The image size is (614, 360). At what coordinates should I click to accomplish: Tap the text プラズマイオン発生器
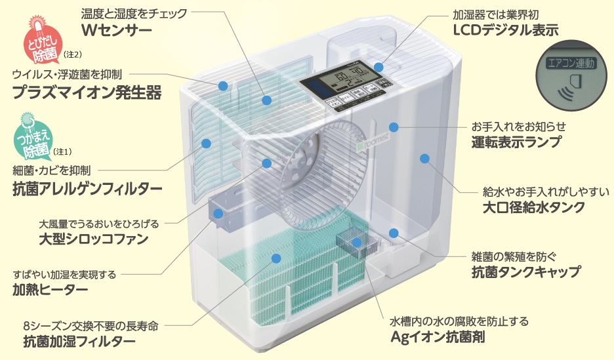[87, 92]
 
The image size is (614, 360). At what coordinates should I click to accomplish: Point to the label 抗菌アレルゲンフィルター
[87, 189]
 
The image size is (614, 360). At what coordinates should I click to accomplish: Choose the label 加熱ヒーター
[49, 289]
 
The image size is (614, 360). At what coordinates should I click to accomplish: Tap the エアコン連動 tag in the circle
[571, 64]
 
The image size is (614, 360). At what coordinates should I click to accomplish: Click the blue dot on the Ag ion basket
[356, 243]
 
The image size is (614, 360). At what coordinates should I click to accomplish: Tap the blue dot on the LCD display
[379, 67]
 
